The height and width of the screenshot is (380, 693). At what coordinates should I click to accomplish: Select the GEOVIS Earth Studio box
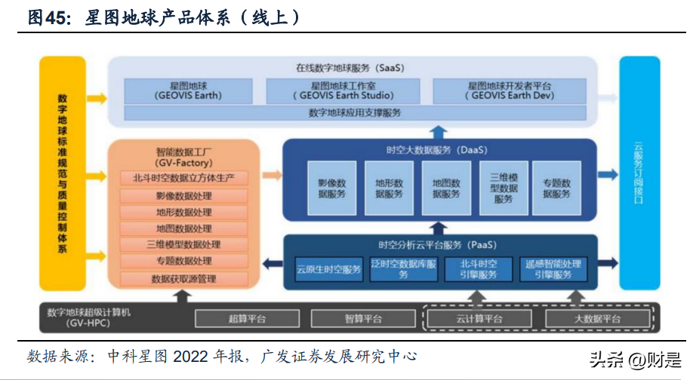[342, 90]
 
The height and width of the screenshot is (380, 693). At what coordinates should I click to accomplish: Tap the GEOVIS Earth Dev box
[511, 90]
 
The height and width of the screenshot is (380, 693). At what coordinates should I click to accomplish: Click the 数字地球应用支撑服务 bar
[355, 112]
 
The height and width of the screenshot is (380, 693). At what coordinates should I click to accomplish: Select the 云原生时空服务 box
[328, 269]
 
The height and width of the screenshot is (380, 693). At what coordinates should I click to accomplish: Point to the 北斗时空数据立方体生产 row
[184, 178]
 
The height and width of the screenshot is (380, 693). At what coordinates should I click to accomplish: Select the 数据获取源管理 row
[184, 279]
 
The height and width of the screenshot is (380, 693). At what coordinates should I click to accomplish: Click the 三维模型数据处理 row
[184, 245]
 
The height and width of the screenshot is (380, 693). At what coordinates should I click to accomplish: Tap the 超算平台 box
[247, 319]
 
